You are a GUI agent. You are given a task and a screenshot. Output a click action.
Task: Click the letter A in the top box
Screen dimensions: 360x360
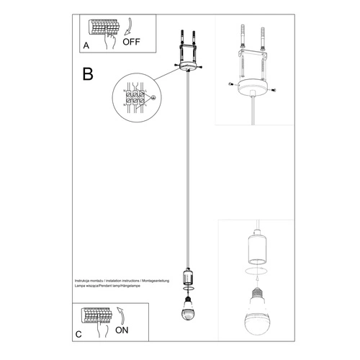(x=86, y=45)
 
